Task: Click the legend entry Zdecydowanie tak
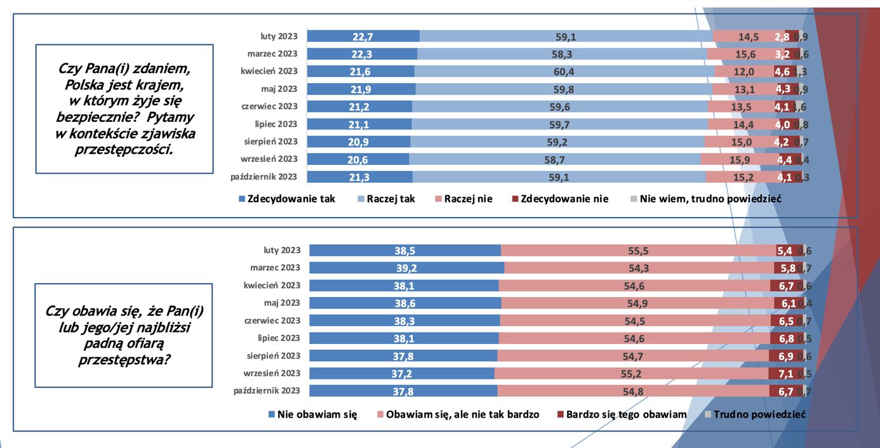point(286,199)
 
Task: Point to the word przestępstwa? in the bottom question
point(124,360)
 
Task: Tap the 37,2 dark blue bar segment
point(401,374)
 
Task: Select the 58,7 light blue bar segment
point(554,159)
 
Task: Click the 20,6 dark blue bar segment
point(358,159)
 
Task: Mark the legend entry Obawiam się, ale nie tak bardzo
point(458,414)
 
